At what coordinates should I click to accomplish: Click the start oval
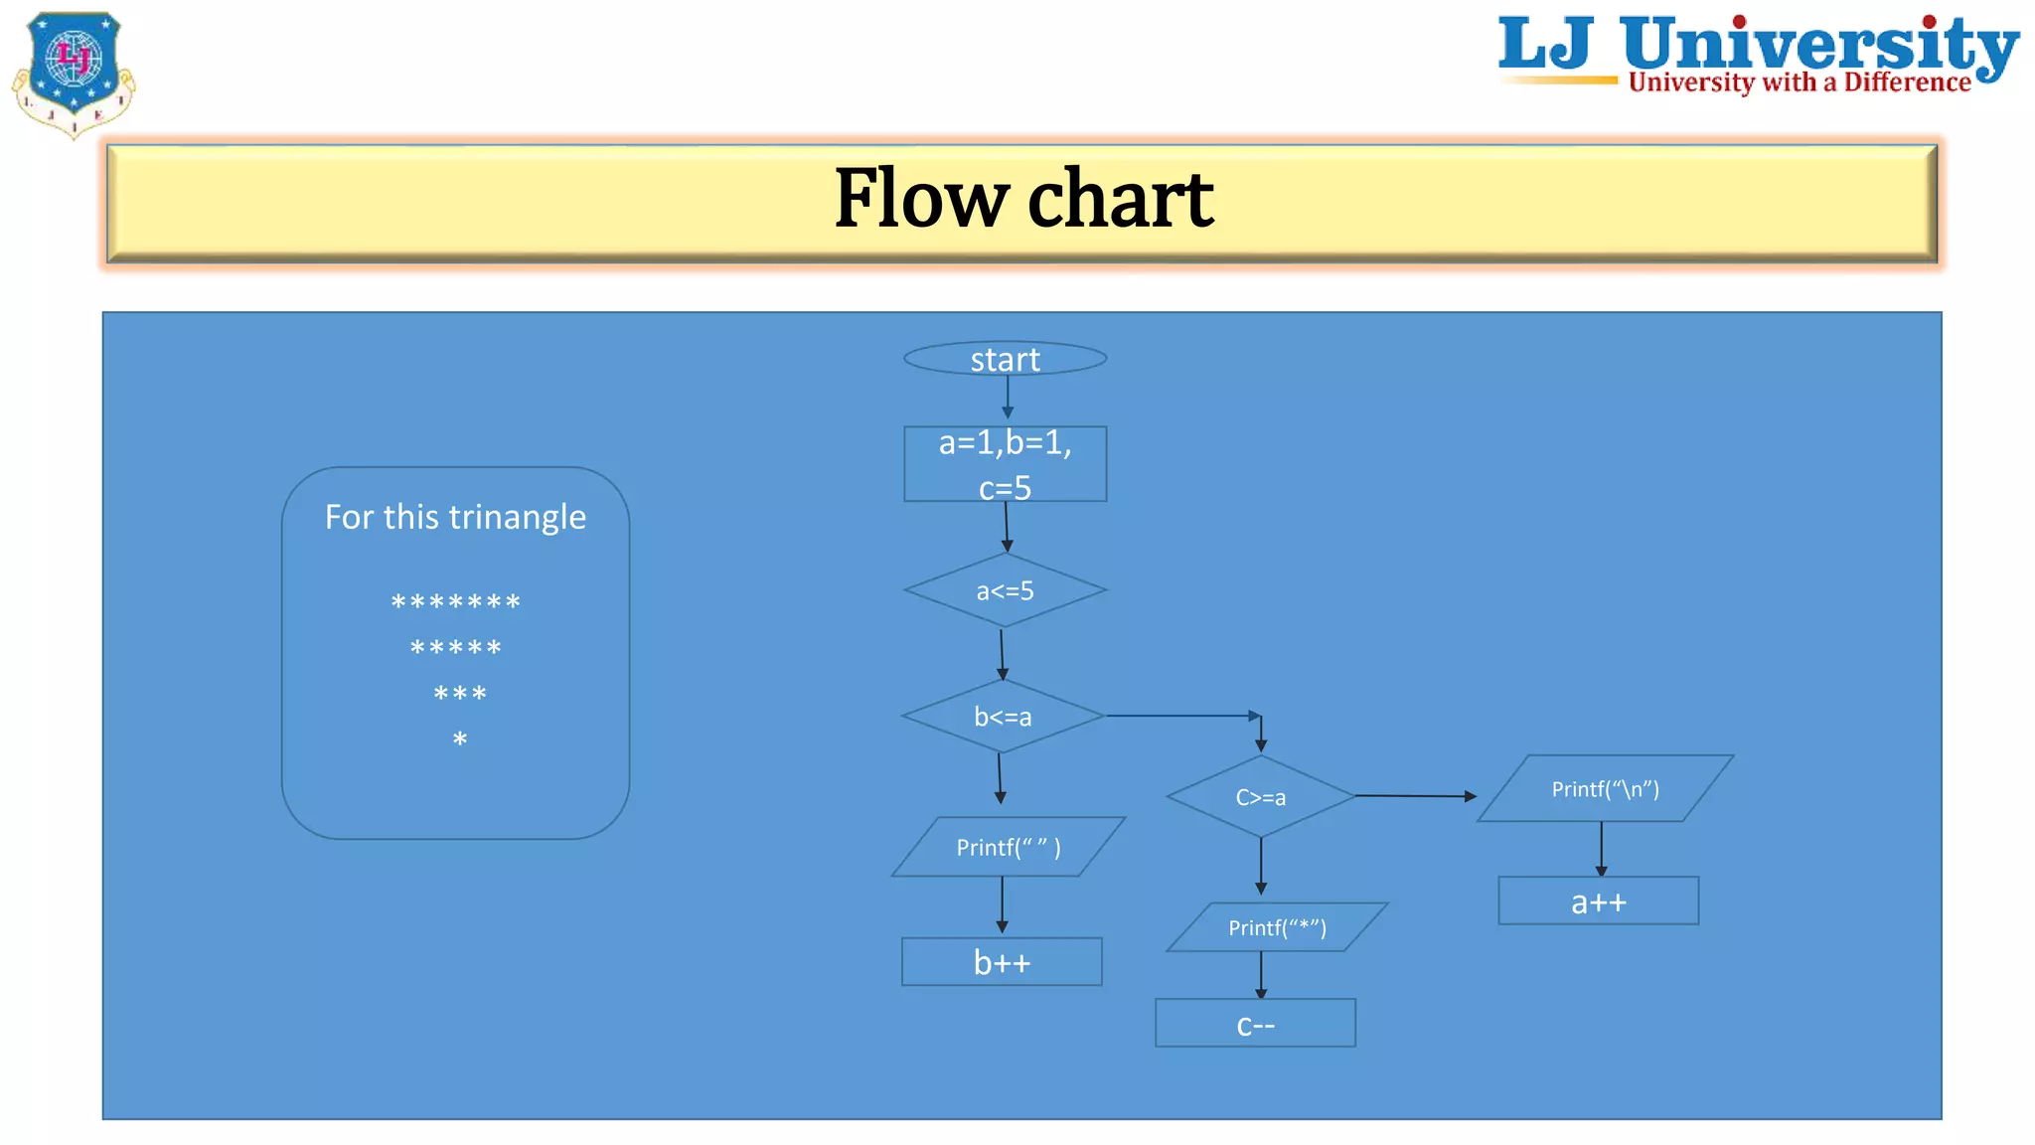1005,359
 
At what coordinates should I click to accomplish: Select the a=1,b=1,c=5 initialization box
1005,464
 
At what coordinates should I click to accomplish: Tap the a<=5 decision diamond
1005,590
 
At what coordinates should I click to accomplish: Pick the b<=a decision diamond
1003,717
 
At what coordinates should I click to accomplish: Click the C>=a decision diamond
1260,797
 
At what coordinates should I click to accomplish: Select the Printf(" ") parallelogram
1008,847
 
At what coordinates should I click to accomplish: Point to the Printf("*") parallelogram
1277,927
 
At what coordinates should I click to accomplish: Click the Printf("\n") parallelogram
1605,789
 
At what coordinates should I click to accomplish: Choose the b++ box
1002,962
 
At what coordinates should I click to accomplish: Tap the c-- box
1255,1024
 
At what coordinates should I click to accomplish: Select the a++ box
1598,901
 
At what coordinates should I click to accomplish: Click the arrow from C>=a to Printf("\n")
1415,796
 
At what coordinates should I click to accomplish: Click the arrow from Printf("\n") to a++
1601,849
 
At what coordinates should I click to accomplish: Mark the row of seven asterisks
455,602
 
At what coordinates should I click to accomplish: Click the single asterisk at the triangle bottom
459,739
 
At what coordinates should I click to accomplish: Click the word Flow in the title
921,199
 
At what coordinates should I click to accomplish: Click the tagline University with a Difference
1799,82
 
